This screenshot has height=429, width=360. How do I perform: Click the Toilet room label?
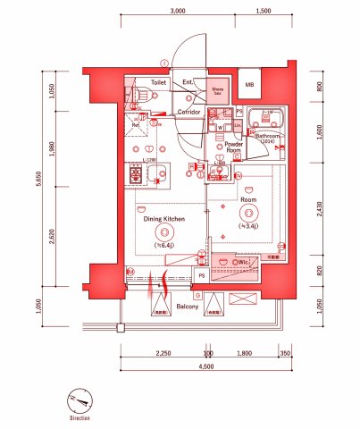tap(158, 82)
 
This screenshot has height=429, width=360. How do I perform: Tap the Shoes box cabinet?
tap(218, 90)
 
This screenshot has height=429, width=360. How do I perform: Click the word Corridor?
tap(188, 112)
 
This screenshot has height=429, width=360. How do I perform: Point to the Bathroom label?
tap(268, 136)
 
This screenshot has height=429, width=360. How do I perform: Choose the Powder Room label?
tap(234, 147)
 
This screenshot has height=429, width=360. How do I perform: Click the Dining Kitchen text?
tap(164, 218)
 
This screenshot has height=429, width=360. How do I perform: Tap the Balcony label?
tap(187, 306)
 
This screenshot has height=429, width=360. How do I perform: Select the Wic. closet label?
tap(242, 262)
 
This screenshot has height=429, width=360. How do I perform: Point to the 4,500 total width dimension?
tap(206, 366)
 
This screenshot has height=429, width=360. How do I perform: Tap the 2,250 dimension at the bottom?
tap(163, 353)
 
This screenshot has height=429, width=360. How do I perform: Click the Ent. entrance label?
tap(188, 82)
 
